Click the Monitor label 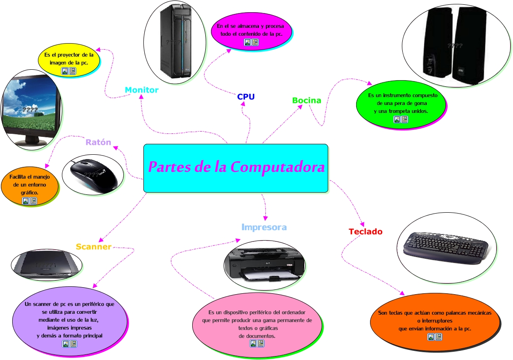click(x=142, y=90)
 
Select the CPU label click(x=246, y=97)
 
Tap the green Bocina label click(x=306, y=101)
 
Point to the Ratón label click(x=98, y=143)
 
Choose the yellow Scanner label click(x=94, y=247)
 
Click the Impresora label click(x=264, y=227)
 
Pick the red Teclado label click(x=365, y=232)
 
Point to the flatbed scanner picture click(x=46, y=265)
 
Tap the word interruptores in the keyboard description click(x=434, y=321)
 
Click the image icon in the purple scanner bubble click(x=65, y=344)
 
